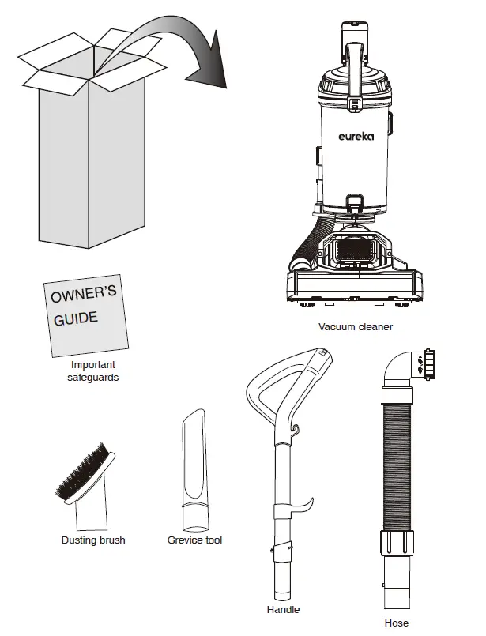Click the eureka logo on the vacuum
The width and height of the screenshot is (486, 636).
[x=356, y=137]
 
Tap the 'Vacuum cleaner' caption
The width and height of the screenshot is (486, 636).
[x=355, y=327]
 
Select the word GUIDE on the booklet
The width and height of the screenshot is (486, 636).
[x=76, y=318]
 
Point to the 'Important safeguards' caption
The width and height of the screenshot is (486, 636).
[x=93, y=371]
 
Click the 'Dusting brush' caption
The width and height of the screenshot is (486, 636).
[x=93, y=540]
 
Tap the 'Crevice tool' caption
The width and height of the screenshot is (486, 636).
[x=194, y=540]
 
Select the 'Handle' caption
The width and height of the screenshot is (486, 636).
[x=284, y=610]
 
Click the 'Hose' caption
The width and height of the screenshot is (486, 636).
[x=397, y=623]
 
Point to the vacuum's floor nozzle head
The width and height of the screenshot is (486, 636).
[x=356, y=288]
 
